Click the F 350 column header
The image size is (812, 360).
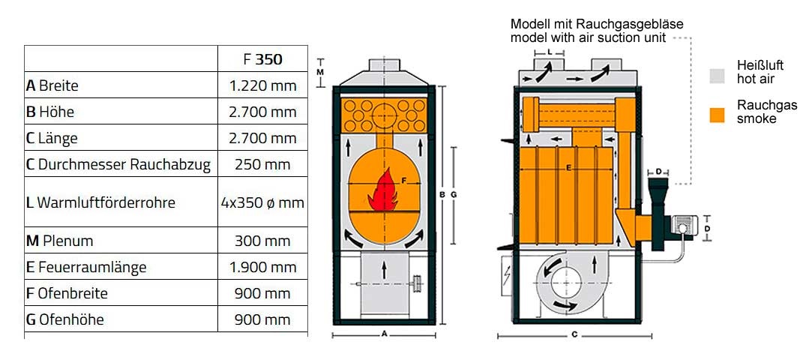coord(262,59)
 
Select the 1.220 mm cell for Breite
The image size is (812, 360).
coord(262,85)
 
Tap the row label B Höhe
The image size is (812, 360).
coord(50,111)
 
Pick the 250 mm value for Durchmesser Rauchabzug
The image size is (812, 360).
coord(262,164)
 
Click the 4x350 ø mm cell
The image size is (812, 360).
coord(262,202)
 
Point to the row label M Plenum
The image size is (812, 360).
coord(59,241)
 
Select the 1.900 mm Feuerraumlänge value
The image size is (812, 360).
coord(262,267)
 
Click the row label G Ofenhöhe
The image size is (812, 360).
coord(64,319)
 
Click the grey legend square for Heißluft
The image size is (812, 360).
coord(717,76)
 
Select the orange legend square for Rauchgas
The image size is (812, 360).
coord(717,115)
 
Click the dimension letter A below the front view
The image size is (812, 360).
coord(384,334)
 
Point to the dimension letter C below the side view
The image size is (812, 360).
coord(574,334)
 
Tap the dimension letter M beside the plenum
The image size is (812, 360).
coord(320,72)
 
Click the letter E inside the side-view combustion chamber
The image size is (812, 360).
coord(568,168)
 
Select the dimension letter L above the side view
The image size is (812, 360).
coord(549,52)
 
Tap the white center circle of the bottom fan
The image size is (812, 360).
coord(565,283)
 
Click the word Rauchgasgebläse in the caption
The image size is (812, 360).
coord(641,24)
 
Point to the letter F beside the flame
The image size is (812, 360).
coord(404,181)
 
